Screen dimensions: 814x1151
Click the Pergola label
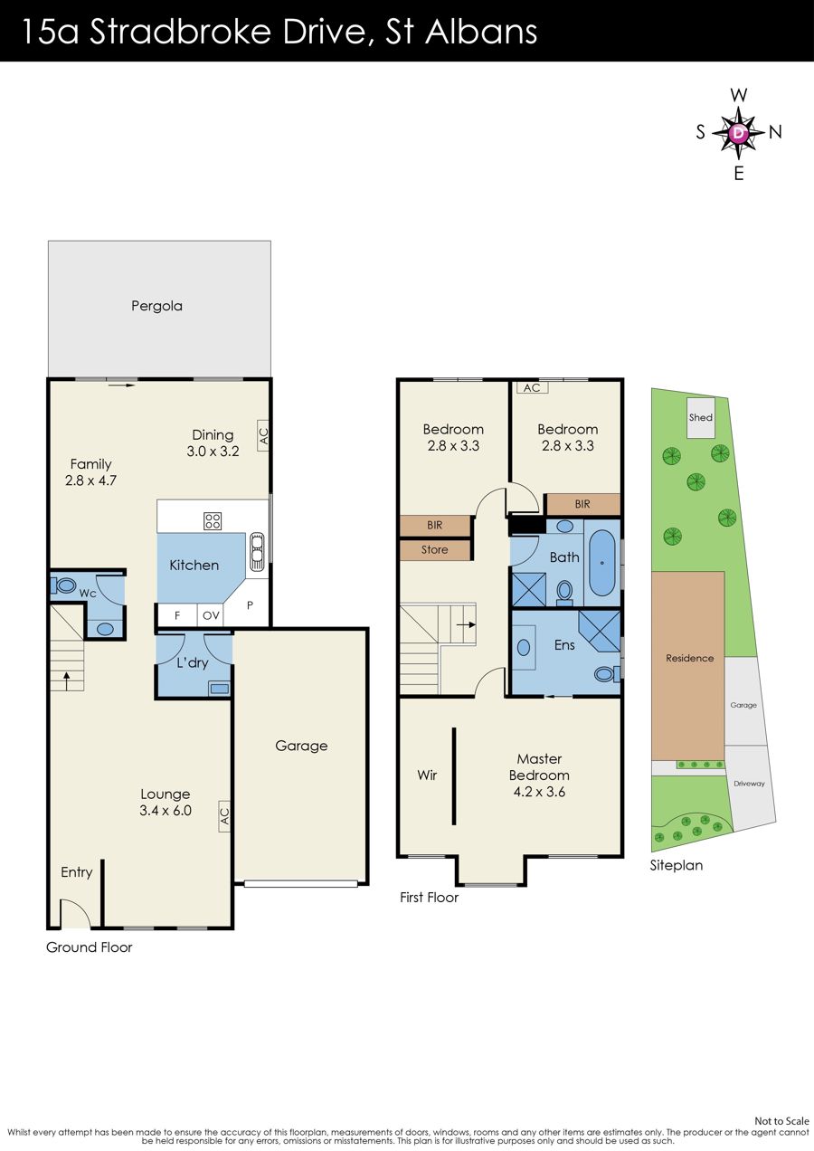[x=156, y=306]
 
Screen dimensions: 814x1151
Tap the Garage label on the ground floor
[x=301, y=746]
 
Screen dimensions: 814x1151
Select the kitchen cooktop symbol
[x=213, y=521]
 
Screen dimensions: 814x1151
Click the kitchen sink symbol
[x=256, y=551]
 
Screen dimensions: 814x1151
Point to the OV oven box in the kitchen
[x=211, y=615]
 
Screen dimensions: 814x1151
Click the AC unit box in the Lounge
[x=224, y=816]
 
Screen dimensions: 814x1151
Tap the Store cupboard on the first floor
[x=434, y=550]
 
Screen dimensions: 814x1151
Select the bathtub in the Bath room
[x=601, y=563]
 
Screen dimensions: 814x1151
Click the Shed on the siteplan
[x=701, y=418]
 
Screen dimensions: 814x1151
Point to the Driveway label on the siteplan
[x=749, y=784]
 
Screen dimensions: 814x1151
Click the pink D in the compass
[x=739, y=133]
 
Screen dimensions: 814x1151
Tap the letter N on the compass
[x=775, y=133]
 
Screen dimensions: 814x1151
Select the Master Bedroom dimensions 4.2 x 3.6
[x=539, y=792]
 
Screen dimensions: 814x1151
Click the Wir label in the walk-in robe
[x=427, y=775]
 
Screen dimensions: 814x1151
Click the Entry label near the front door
[x=77, y=872]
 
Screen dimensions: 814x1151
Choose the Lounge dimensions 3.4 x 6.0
[x=166, y=811]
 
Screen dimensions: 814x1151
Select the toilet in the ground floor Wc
[x=64, y=585]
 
